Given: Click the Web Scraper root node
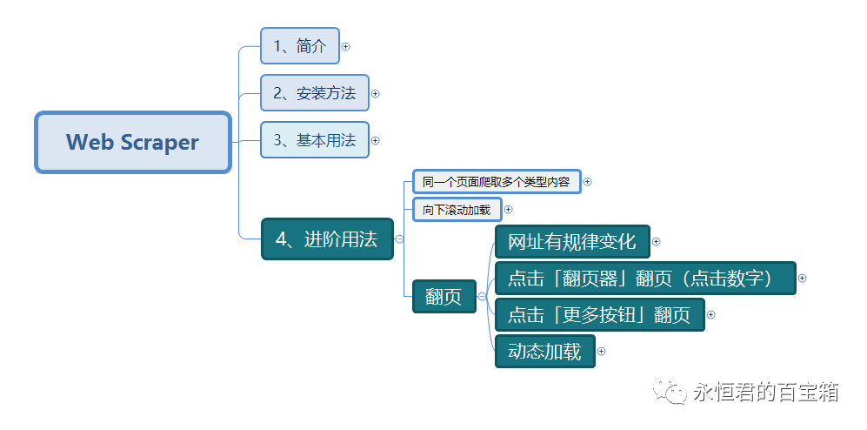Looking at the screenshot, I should point(132,142).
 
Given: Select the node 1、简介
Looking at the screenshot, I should point(299,46).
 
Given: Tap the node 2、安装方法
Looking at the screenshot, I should point(314,93).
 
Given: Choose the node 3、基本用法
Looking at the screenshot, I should point(314,139).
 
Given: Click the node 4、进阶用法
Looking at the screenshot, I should point(327,239).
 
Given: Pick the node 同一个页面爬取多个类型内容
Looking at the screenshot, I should point(496,182).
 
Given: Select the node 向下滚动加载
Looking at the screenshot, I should point(457,210).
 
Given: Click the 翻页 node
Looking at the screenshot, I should point(444,297).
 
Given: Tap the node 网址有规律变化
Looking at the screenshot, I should point(571,242).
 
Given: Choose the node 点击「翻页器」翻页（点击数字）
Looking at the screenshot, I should point(644,279).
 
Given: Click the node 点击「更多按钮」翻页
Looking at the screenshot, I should point(599,315).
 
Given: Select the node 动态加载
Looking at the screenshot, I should point(544,352).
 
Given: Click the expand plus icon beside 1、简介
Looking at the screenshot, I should point(346,46).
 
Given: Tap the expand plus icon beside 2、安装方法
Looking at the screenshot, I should point(376,93).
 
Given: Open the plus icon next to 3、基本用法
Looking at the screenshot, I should point(376,139).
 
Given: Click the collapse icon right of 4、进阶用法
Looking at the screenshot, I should point(399,239).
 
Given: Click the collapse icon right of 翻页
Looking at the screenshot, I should point(482,297).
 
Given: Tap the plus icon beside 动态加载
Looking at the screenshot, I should point(601,352).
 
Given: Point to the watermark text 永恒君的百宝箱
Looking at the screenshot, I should point(765,393).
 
